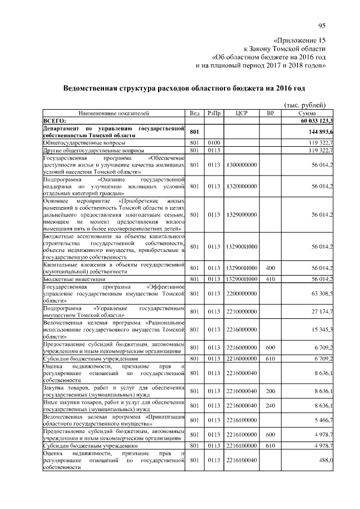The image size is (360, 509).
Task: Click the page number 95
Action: (x=322, y=25)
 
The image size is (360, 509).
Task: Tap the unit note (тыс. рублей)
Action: (x=305, y=105)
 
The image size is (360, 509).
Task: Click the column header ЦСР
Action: (x=242, y=113)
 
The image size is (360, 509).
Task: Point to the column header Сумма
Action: (x=307, y=113)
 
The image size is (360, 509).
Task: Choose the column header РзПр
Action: (x=213, y=113)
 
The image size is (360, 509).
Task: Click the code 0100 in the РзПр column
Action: (x=213, y=143)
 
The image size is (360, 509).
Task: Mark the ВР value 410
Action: (x=270, y=278)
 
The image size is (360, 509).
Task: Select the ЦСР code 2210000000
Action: (x=242, y=311)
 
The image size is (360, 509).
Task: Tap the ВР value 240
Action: (x=270, y=406)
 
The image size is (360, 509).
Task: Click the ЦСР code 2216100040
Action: (x=242, y=460)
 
